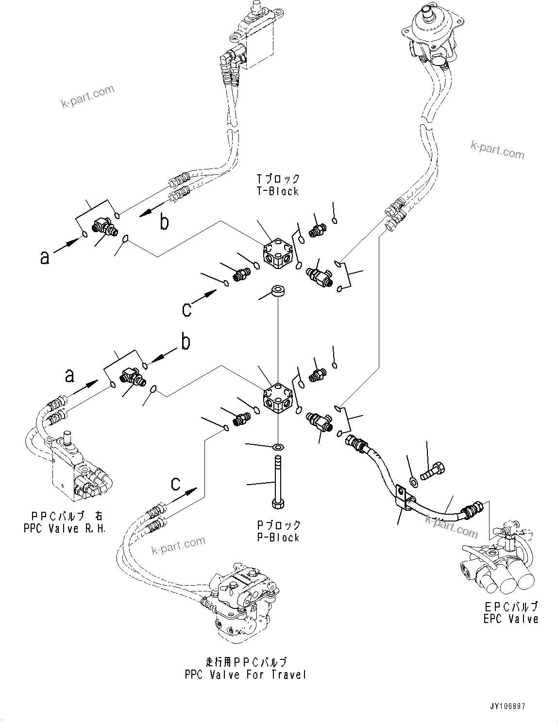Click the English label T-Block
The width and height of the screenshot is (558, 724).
[278, 191]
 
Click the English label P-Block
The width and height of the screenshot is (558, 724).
[278, 538]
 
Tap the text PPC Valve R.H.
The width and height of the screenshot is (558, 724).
[65, 528]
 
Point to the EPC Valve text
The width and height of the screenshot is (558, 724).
[510, 619]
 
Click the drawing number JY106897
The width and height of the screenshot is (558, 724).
[507, 707]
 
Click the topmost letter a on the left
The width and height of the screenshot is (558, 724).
[45, 257]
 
